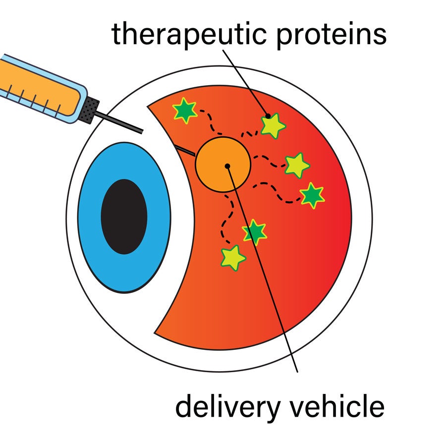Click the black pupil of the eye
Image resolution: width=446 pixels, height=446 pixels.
pos(124,217)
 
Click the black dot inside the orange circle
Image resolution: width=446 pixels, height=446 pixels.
pos(227,166)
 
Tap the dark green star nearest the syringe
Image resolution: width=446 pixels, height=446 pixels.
pos(184,110)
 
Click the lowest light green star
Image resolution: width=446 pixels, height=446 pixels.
pos(232,257)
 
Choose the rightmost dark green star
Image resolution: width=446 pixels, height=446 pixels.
pos(312,195)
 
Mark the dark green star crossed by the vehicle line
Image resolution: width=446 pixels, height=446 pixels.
pos(255,231)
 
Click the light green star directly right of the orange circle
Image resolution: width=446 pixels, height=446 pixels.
pos(297,165)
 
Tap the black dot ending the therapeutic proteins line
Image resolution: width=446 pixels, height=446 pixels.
pos(268,116)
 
